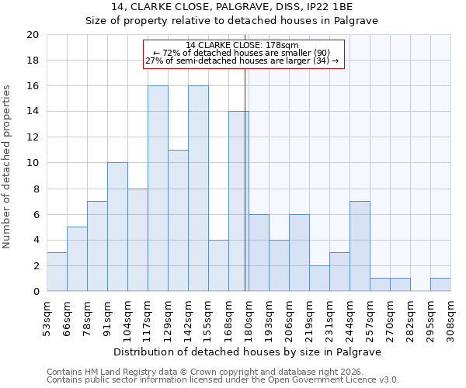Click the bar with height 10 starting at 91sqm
click(117, 227)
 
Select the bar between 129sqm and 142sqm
click(178, 220)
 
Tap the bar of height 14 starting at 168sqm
click(238, 201)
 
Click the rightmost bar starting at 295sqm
click(440, 285)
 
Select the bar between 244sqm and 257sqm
click(360, 246)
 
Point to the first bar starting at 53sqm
click(57, 272)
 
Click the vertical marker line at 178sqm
click(245, 178)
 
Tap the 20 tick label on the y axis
click(32, 35)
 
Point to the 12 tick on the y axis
click(32, 137)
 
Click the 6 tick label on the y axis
click(35, 214)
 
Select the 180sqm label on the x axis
click(249, 316)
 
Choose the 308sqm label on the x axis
click(450, 316)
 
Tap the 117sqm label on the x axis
click(148, 316)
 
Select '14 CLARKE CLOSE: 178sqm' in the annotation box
click(242, 45)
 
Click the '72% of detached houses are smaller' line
click(242, 53)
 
